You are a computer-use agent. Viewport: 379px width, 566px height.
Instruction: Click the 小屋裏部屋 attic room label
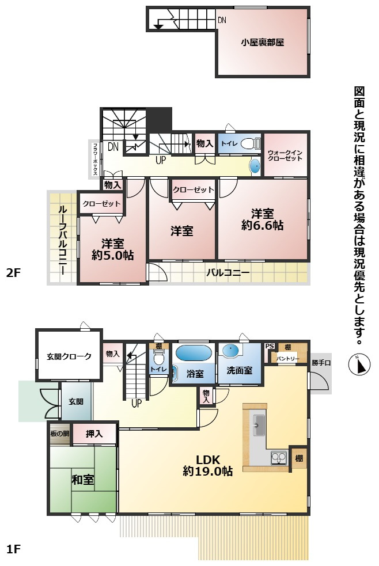pyautogui.click(x=263, y=42)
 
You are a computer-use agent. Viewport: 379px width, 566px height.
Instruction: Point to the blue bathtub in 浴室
pyautogui.click(x=193, y=352)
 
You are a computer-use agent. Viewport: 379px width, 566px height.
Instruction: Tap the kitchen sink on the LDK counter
pyautogui.click(x=259, y=426)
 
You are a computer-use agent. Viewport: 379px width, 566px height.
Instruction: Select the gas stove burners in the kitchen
pyautogui.click(x=279, y=458)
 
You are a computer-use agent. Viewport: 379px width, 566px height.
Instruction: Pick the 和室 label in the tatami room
pyautogui.click(x=83, y=480)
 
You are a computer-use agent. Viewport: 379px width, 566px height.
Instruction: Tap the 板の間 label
pyautogui.click(x=59, y=434)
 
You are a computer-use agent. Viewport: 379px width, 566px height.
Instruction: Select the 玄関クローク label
pyautogui.click(x=69, y=356)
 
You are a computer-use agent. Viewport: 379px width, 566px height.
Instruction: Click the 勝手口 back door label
pyautogui.click(x=321, y=362)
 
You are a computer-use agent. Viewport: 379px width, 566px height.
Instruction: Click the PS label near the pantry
pyautogui.click(x=269, y=346)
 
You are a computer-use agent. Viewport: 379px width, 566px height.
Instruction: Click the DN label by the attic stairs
pyautogui.click(x=222, y=21)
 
